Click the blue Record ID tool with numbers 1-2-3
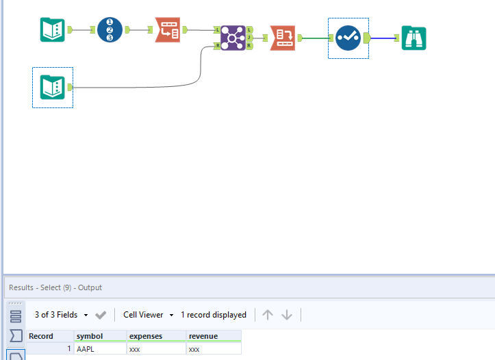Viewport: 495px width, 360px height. click(110, 30)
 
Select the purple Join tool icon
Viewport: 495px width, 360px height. click(233, 38)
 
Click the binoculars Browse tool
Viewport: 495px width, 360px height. click(414, 38)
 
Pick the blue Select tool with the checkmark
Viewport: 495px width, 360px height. click(348, 38)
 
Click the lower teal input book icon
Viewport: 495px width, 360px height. click(53, 87)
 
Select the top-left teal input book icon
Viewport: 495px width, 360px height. click(53, 29)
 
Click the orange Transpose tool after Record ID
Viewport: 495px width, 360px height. click(168, 30)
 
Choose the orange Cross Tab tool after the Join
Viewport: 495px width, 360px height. click(283, 38)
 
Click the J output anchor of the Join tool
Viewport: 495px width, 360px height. click(249, 38)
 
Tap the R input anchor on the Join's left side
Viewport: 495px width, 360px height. click(217, 46)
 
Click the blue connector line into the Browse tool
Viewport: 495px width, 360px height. click(383, 38)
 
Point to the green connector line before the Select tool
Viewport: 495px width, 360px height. click(315, 38)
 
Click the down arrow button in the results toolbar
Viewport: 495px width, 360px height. click(287, 315)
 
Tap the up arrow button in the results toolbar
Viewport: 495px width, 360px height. click(268, 315)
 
